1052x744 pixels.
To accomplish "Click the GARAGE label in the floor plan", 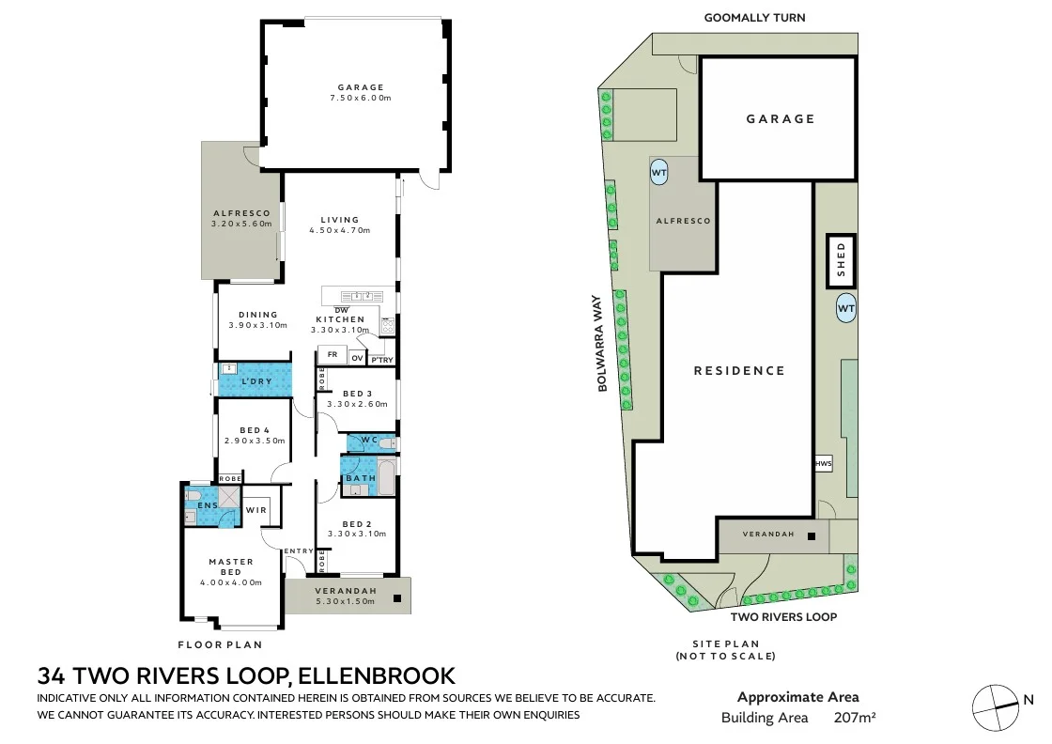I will click(361, 87).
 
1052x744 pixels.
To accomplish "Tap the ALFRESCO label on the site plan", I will click(683, 221).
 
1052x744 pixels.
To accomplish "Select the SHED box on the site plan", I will click(842, 261).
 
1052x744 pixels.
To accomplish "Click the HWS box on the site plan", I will click(824, 463).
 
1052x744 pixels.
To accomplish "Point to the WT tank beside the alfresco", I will click(659, 173).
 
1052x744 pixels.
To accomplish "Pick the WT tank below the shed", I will click(846, 308).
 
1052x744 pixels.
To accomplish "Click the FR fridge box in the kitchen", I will click(333, 355).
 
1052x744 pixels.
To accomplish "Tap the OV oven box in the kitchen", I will click(357, 358).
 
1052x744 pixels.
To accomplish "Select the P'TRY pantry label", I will click(381, 360).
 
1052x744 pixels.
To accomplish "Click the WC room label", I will click(369, 440).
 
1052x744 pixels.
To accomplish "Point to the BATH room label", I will click(361, 478).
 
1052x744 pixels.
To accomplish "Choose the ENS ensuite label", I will click(208, 505).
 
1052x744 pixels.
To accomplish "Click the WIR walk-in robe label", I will click(256, 510).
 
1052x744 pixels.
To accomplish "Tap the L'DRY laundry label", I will click(256, 381).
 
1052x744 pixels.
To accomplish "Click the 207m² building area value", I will click(855, 718).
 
